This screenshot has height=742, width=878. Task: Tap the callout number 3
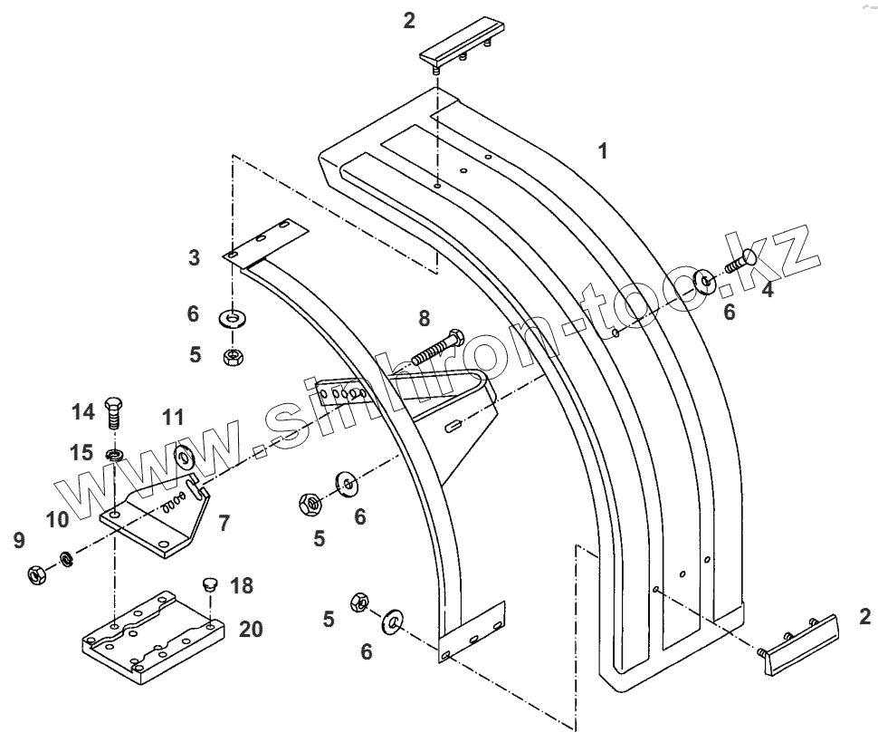[x=195, y=257]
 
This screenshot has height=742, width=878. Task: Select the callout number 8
[x=425, y=318]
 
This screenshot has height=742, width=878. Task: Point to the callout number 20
[x=251, y=629]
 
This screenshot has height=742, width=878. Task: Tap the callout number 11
[x=173, y=418]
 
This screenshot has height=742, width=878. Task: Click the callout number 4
[x=767, y=290]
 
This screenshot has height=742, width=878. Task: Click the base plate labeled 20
[x=148, y=634]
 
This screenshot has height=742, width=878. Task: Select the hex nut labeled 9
[x=37, y=573]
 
